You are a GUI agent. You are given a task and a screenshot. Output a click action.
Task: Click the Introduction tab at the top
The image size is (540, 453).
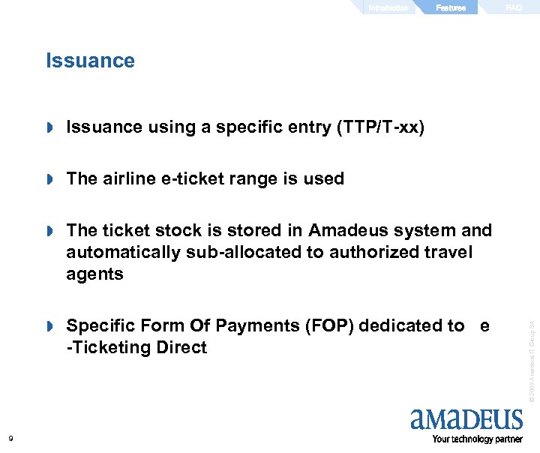tap(388, 8)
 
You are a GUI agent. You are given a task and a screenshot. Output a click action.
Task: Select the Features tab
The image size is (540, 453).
tap(451, 8)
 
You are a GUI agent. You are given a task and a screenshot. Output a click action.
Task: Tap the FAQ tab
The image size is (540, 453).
tap(514, 8)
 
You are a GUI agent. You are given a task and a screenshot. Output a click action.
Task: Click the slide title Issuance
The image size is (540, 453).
tap(90, 61)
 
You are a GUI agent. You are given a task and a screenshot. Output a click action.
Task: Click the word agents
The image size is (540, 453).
tap(94, 274)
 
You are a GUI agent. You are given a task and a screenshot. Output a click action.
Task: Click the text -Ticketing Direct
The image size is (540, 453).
tap(136, 348)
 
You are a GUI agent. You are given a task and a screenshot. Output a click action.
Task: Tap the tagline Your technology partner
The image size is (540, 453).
tap(477, 439)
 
